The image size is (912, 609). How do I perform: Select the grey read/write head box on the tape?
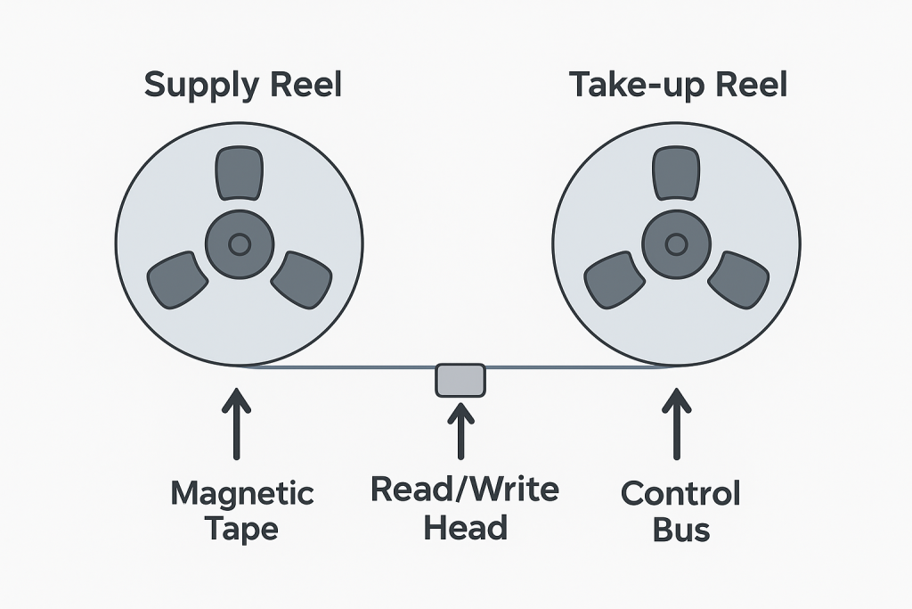tap(460, 380)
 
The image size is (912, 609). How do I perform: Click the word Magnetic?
tap(242, 493)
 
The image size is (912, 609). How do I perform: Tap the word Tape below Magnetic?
tap(242, 529)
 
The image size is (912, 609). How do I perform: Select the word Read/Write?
tap(465, 490)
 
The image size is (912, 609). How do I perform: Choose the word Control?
tap(680, 493)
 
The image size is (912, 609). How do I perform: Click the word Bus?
tap(680, 530)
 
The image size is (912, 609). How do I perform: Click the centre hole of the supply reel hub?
tap(239, 243)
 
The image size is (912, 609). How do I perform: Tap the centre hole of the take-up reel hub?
tap(676, 243)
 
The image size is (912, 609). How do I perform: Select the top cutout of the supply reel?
tap(239, 174)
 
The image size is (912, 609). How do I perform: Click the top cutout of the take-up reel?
tap(676, 174)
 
